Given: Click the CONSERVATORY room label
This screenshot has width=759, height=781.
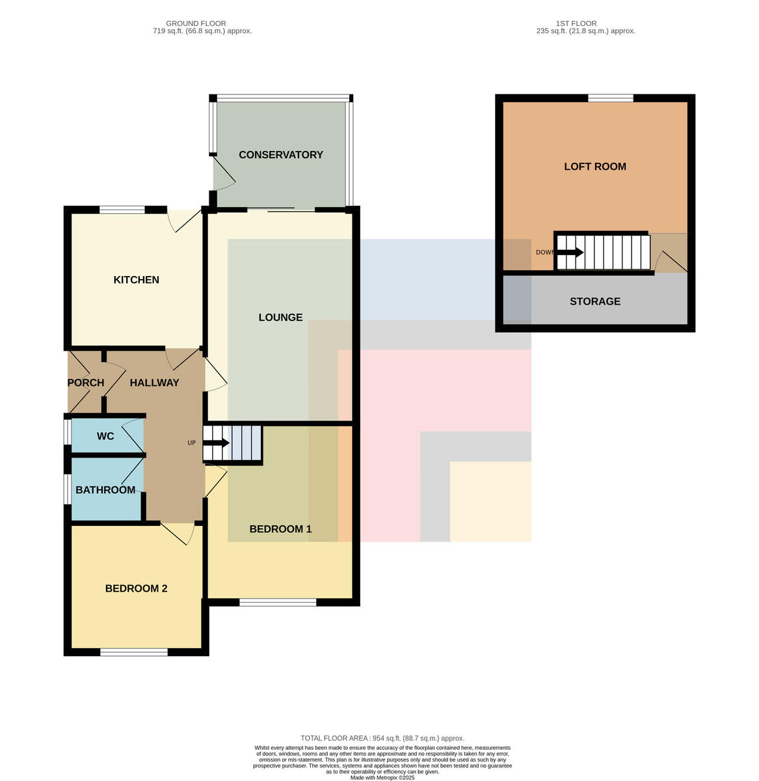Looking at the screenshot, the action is [x=280, y=154].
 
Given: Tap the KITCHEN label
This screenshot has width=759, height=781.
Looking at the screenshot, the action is [x=136, y=279].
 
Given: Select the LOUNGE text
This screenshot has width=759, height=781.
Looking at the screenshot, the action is [x=280, y=317].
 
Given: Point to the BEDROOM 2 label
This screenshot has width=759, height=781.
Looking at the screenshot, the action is [x=136, y=588].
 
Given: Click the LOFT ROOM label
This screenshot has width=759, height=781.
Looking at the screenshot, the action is [x=594, y=166].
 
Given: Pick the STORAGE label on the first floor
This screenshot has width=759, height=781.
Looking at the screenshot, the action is [x=594, y=301].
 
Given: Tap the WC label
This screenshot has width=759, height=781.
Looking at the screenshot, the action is [x=105, y=436].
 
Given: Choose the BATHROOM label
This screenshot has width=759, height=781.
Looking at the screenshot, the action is [x=105, y=489].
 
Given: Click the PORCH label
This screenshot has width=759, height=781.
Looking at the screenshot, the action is [x=85, y=383].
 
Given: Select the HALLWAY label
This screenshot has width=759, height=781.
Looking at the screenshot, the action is [x=154, y=383].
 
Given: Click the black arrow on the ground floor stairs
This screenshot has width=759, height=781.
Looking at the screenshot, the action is [x=216, y=443].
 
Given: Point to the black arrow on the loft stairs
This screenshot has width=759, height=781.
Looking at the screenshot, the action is [x=570, y=252].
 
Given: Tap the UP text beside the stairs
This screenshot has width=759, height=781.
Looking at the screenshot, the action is [x=191, y=443].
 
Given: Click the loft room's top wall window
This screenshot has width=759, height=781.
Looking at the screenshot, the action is [x=610, y=98].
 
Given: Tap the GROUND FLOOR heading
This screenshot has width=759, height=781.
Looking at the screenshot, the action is [x=196, y=23].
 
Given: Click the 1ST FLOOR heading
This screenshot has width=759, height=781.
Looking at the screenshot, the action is [x=576, y=23].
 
